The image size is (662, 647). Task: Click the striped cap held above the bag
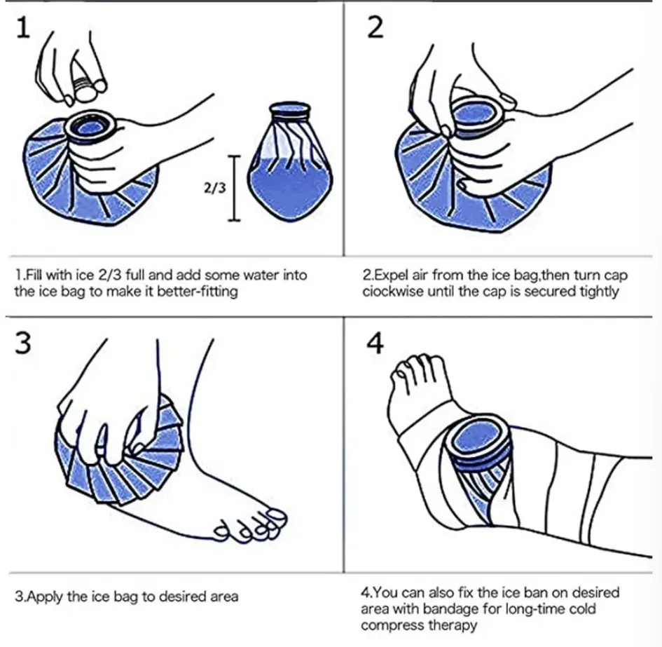point(85,88)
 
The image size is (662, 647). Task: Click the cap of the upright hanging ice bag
point(289,111)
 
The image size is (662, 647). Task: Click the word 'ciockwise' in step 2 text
point(390,292)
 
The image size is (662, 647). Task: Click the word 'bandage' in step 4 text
point(441,608)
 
